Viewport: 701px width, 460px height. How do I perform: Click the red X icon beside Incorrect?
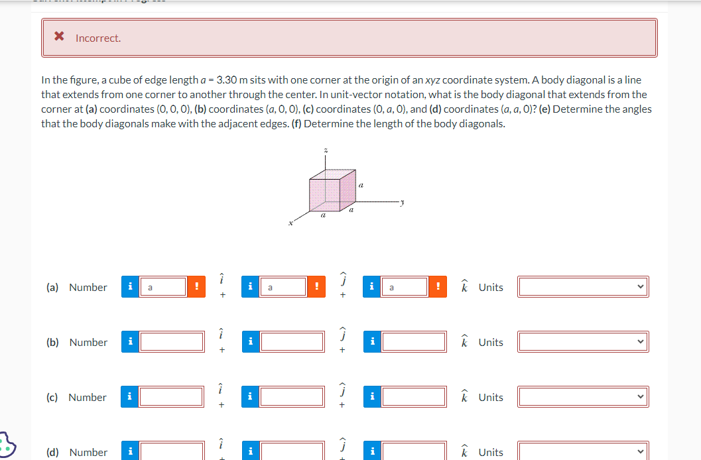(59, 38)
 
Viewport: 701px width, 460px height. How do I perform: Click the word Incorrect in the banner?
(98, 38)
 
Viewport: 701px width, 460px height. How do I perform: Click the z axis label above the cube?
(325, 152)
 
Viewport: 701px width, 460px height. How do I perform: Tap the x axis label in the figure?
(290, 224)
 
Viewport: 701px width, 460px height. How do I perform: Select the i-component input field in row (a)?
(162, 287)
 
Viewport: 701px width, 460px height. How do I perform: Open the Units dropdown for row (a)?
(583, 287)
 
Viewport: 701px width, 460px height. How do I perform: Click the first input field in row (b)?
(172, 342)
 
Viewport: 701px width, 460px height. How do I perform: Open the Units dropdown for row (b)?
(583, 342)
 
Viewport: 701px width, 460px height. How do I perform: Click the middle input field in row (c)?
(292, 397)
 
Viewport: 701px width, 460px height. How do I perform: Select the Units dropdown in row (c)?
(583, 397)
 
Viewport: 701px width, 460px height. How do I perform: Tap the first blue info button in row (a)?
(131, 287)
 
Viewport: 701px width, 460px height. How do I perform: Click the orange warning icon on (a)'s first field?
(196, 287)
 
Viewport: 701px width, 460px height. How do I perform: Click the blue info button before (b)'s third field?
(372, 342)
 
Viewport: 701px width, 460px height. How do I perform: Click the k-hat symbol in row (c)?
(465, 397)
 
